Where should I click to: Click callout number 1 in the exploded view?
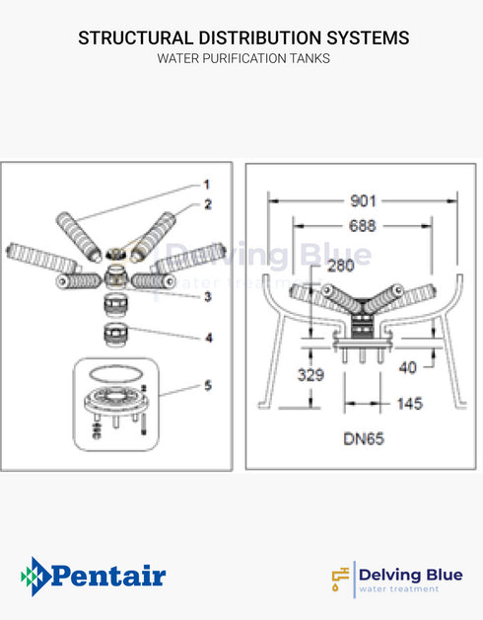207,185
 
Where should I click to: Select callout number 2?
207,204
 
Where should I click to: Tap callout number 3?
207,296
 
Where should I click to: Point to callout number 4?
207,338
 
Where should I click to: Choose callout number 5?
207,385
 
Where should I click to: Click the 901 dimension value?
363,201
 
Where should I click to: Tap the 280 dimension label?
341,267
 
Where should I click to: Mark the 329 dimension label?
312,374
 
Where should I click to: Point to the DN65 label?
363,437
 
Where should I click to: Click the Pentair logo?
94,576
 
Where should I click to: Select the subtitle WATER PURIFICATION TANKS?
242,59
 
